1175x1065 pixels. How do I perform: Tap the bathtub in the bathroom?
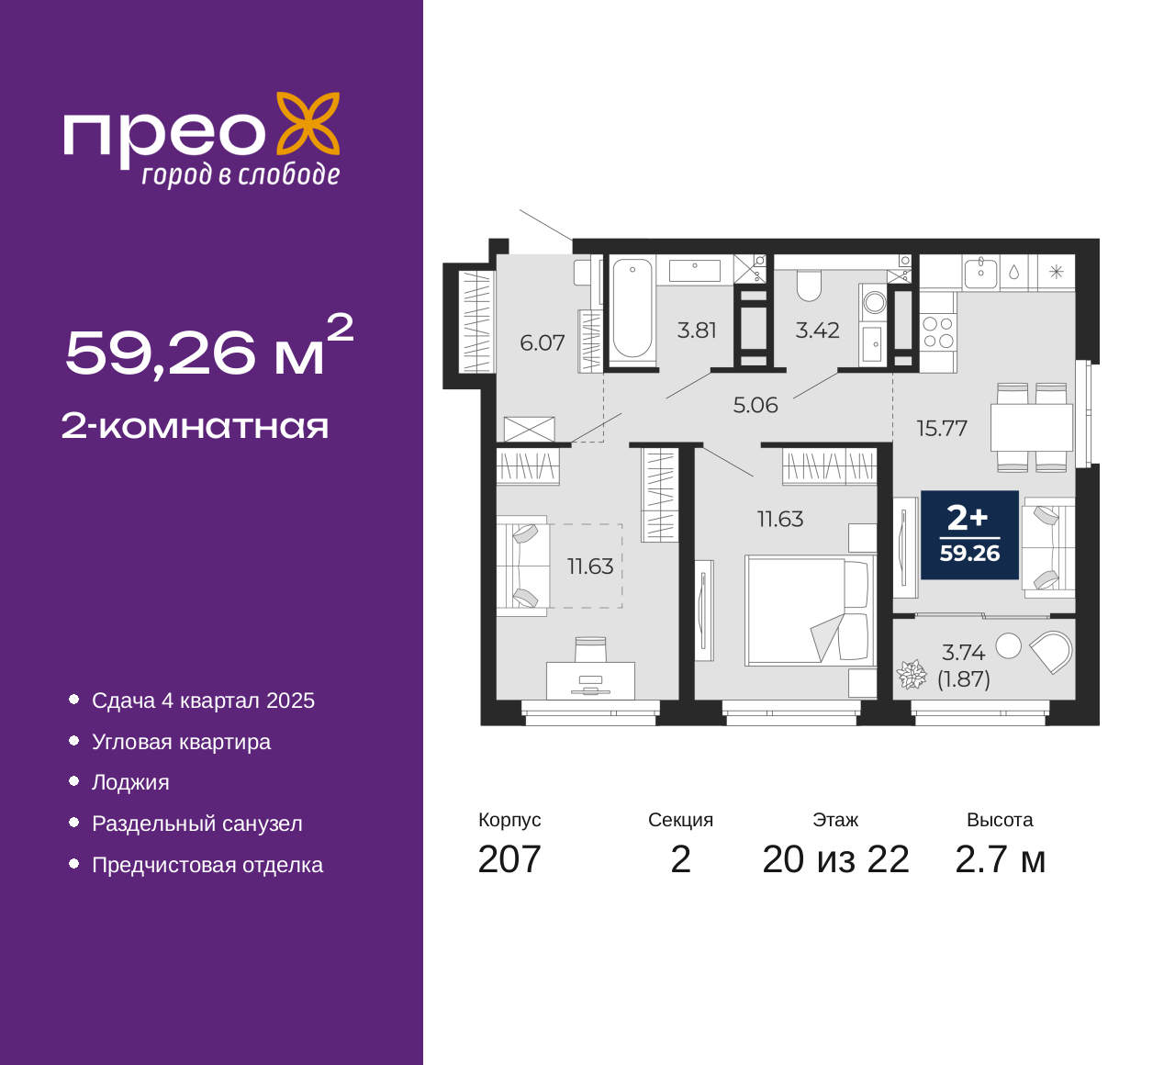632,308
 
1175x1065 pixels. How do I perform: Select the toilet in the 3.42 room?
809,286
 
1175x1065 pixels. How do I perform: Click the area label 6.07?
542,343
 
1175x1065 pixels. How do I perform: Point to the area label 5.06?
755,405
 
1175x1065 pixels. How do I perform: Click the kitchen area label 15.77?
942,428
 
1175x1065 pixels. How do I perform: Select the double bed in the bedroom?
808,610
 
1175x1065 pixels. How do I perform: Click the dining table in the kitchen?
1032,427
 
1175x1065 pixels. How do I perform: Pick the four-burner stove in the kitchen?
938,332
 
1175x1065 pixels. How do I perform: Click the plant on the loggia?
912,675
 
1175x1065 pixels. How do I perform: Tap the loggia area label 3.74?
963,653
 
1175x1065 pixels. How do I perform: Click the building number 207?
509,859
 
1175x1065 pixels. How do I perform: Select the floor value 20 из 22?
835,859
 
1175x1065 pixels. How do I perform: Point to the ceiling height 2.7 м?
1000,859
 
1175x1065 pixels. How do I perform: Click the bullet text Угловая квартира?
181,742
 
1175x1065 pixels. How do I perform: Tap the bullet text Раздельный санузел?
196,824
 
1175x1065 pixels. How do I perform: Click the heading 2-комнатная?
195,426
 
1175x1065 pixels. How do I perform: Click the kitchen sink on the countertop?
980,272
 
